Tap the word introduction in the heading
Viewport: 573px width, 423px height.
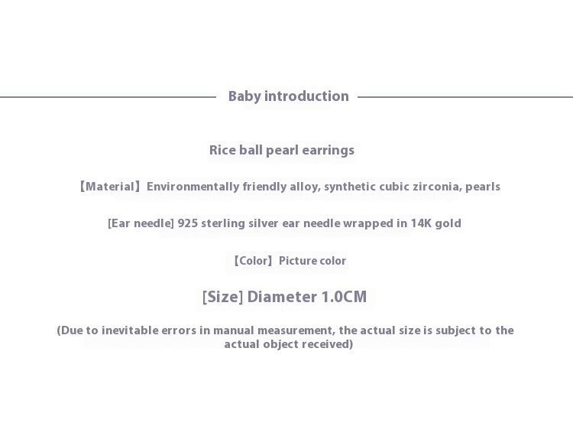[x=306, y=96]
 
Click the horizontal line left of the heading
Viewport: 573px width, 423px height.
[x=108, y=97]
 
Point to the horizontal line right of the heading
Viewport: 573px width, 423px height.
[x=465, y=97]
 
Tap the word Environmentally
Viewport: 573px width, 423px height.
[x=193, y=187]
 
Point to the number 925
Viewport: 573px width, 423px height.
[x=187, y=223]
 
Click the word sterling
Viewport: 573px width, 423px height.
[x=223, y=223]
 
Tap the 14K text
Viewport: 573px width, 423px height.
[x=421, y=223]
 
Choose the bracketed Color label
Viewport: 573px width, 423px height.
[x=253, y=261]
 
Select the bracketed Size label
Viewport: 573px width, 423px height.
[x=222, y=297]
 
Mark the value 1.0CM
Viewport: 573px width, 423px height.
[x=344, y=297]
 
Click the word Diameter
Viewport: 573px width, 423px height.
[x=282, y=297]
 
